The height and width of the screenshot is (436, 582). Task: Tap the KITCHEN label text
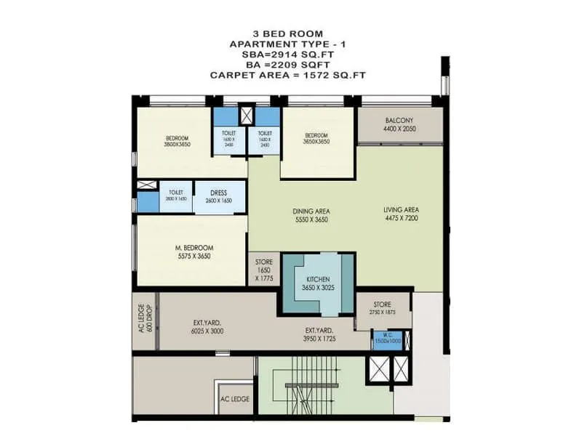[318, 279]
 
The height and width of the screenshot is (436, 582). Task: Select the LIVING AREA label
[402, 211]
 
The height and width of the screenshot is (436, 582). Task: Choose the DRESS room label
[218, 193]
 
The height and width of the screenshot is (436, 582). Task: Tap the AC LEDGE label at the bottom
[235, 399]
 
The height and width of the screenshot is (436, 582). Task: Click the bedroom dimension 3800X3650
[177, 145]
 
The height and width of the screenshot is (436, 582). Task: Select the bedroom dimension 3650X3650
[316, 142]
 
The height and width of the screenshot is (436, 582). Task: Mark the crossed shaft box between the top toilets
[247, 115]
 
